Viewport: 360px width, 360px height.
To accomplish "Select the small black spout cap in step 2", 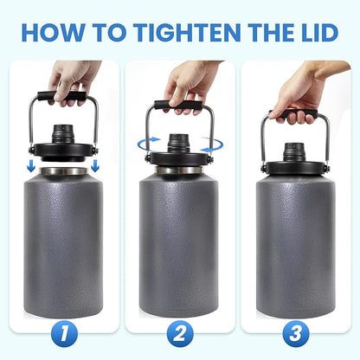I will [179, 141].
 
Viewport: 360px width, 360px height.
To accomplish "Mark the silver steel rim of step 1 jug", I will [61, 171].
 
